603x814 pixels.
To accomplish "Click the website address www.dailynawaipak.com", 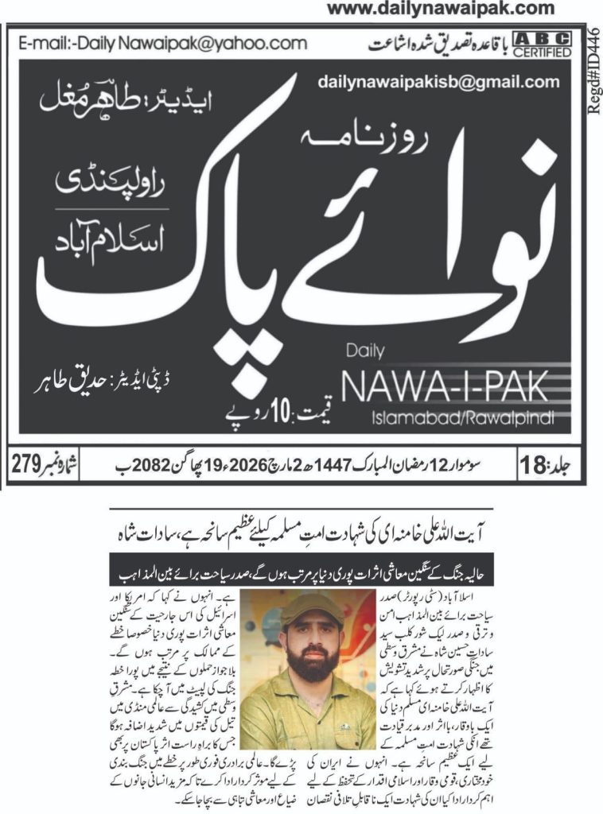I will coord(441,9).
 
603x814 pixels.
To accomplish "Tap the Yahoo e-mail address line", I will coord(162,43).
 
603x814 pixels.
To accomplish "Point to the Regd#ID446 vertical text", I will coord(593,67).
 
